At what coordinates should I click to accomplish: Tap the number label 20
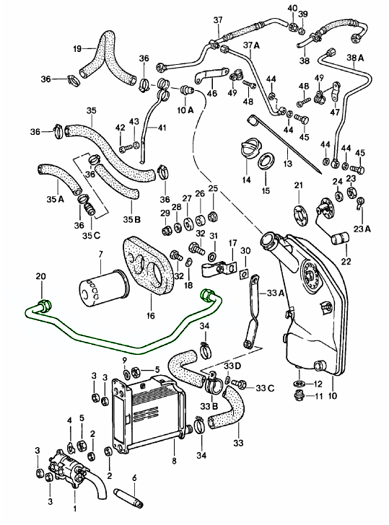click(40, 276)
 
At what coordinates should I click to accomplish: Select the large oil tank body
click(310, 303)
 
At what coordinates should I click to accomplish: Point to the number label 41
click(162, 128)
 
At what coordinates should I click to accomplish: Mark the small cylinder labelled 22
click(337, 238)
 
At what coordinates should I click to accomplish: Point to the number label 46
click(211, 93)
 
